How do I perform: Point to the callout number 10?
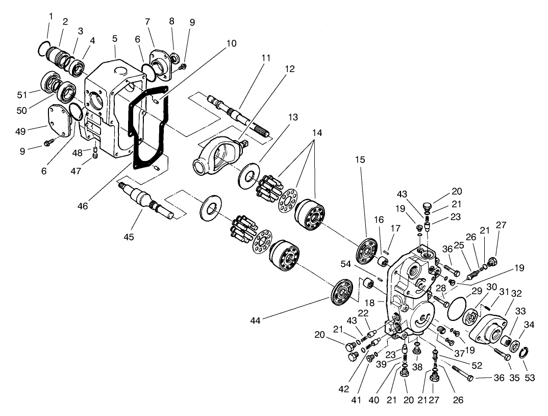(x=231, y=43)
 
